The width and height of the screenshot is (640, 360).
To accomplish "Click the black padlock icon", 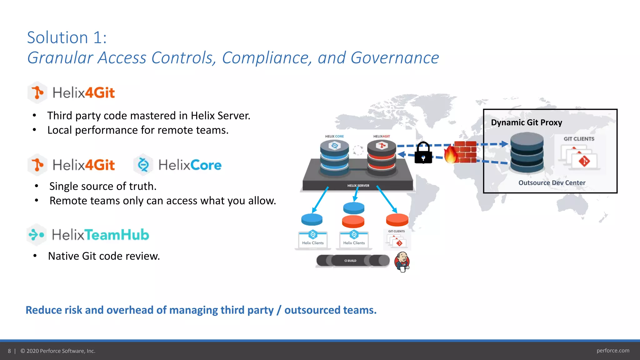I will pyautogui.click(x=423, y=153).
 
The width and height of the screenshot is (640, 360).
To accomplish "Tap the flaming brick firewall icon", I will pyautogui.click(x=461, y=152).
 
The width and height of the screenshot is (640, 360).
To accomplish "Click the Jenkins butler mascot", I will pyautogui.click(x=402, y=262).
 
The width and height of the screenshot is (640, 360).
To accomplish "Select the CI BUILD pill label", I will pyautogui.click(x=350, y=261).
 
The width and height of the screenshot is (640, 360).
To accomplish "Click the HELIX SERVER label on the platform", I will pyautogui.click(x=358, y=186).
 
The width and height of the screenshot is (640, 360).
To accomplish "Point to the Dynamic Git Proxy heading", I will pyautogui.click(x=526, y=122).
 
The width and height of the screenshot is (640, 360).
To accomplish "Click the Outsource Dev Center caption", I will pyautogui.click(x=552, y=183).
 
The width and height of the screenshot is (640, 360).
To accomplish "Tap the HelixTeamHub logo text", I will pyautogui.click(x=100, y=235).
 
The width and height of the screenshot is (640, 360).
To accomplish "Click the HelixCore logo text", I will pyautogui.click(x=190, y=165).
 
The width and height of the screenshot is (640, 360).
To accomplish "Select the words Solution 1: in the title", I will pyautogui.click(x=67, y=38).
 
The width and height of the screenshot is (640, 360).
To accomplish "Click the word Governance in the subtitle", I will pyautogui.click(x=394, y=58).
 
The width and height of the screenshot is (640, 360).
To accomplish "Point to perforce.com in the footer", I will pyautogui.click(x=612, y=351).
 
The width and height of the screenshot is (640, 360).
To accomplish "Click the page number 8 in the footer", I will pyautogui.click(x=9, y=351).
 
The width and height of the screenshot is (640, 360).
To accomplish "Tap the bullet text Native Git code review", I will pyautogui.click(x=104, y=256).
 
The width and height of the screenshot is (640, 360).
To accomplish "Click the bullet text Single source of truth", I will pyautogui.click(x=103, y=186).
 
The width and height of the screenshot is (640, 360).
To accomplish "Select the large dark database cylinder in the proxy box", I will pyautogui.click(x=527, y=152).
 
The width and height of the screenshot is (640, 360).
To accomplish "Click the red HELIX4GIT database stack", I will pyautogui.click(x=382, y=158).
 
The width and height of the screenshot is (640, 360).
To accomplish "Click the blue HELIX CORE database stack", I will pyautogui.click(x=334, y=158).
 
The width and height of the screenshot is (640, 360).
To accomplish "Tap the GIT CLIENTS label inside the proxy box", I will pyautogui.click(x=579, y=139).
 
